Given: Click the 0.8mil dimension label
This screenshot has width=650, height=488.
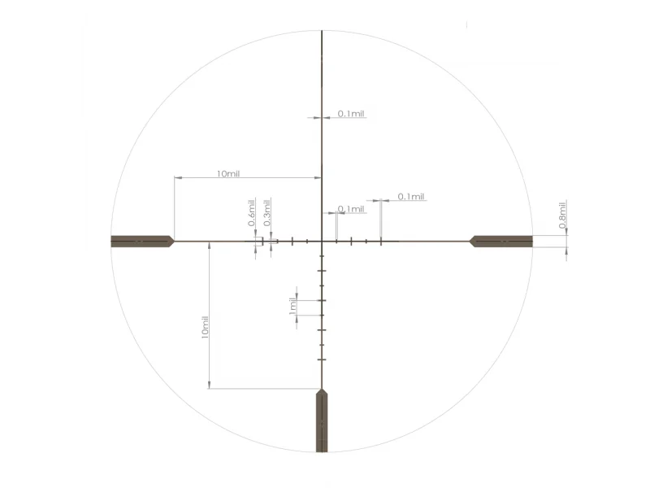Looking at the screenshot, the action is pyautogui.click(x=562, y=215).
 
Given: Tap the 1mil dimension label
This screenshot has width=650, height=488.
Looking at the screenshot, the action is pyautogui.click(x=292, y=306).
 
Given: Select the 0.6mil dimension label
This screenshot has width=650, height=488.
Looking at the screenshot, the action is pyautogui.click(x=252, y=212).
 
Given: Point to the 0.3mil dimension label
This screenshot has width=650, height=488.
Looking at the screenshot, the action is pyautogui.click(x=267, y=212).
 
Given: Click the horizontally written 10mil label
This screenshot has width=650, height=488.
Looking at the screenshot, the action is pyautogui.click(x=228, y=173).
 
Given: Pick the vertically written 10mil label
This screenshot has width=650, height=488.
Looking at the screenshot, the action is pyautogui.click(x=205, y=327).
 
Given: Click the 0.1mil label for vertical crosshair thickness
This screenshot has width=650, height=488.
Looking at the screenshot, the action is pyautogui.click(x=351, y=113).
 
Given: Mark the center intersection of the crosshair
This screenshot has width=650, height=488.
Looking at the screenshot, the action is pyautogui.click(x=322, y=241).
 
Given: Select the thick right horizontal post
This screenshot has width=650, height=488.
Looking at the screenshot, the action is pyautogui.click(x=500, y=241).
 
